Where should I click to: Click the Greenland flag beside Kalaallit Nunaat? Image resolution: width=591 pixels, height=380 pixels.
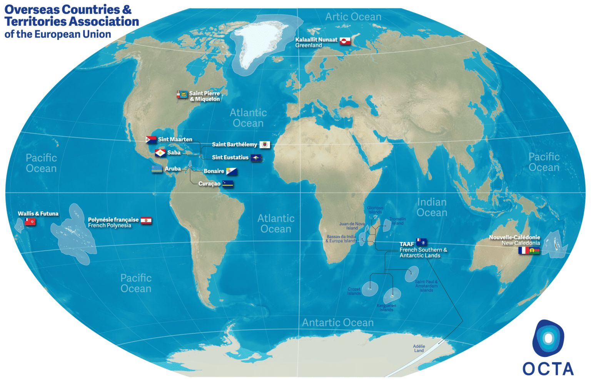[345, 41]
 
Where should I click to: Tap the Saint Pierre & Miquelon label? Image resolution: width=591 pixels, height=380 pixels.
[204, 96]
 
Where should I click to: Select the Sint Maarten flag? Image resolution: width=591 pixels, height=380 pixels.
[151, 139]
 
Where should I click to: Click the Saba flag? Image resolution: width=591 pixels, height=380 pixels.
[160, 153]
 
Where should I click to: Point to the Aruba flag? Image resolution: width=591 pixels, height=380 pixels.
[157, 169]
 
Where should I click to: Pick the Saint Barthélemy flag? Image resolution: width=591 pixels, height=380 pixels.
[265, 145]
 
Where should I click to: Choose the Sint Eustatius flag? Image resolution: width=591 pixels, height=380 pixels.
[256, 158]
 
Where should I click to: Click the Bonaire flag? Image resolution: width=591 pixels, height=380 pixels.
[231, 171]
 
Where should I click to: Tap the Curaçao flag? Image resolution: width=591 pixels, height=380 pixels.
[228, 184]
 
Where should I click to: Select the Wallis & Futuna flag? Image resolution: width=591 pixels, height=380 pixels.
[30, 222]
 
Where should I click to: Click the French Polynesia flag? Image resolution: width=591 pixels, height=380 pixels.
[146, 221]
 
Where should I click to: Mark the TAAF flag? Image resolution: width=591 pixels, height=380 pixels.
[421, 243]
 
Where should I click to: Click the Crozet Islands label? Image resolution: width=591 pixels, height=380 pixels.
[354, 291]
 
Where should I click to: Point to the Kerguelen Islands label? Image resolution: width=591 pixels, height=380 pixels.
[386, 308]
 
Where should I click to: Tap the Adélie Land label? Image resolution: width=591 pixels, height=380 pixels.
[419, 348]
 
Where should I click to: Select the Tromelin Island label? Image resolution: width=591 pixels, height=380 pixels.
[397, 221]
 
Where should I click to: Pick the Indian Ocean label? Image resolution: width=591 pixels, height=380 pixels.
[432, 208]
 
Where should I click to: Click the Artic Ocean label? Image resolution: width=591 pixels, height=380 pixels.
[353, 17]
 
